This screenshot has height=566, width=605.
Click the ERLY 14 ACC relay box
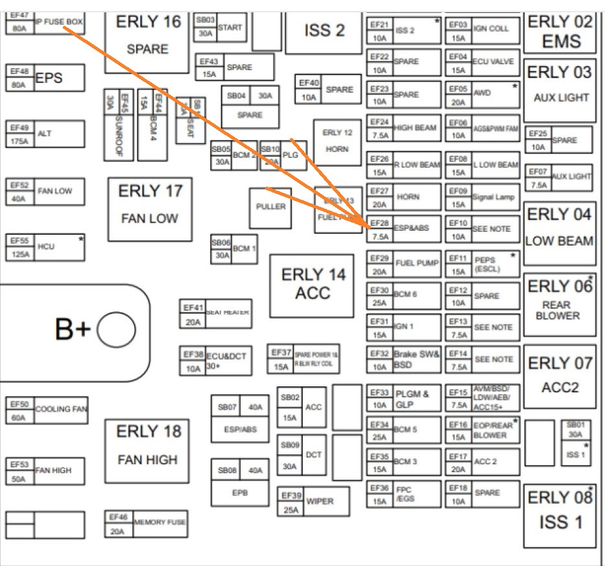[312, 285]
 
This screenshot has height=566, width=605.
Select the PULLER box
[270, 207]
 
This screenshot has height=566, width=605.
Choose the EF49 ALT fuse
[45, 134]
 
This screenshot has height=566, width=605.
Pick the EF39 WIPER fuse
[313, 501]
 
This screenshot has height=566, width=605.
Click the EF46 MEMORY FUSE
[147, 523]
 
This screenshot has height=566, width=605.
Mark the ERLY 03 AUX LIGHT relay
[560, 91]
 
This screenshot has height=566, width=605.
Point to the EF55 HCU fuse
[45, 248]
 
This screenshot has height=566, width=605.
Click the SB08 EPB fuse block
[240, 482]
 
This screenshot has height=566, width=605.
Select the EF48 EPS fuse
[45, 77]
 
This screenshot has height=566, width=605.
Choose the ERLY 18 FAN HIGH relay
[147, 449]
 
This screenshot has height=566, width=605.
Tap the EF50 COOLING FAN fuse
[47, 410]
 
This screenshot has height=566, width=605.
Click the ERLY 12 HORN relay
[337, 141]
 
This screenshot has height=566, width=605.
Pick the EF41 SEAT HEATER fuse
[215, 314]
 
